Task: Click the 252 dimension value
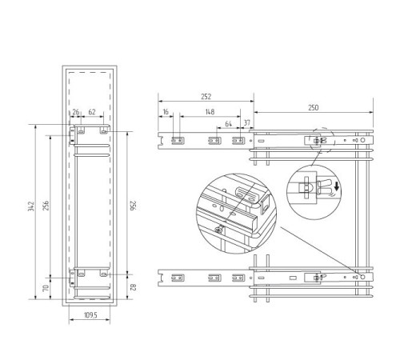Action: tap(206, 96)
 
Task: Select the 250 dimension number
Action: tap(314, 107)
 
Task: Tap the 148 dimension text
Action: tap(210, 112)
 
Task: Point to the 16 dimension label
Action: tap(166, 112)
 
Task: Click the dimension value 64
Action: tap(229, 124)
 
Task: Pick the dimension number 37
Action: tap(247, 122)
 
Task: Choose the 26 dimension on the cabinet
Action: tap(76, 112)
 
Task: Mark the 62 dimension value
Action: tap(92, 112)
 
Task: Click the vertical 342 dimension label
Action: tap(31, 206)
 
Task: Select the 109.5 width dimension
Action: tap(90, 315)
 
